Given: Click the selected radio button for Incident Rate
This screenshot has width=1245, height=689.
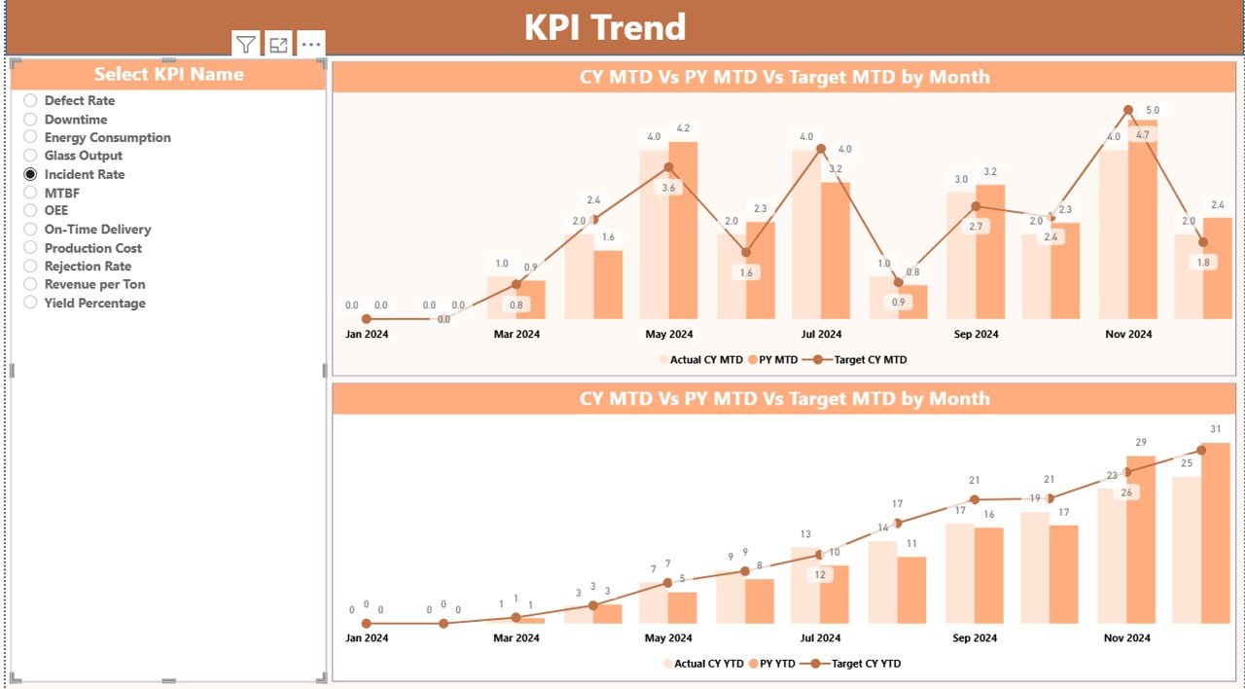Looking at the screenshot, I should (x=30, y=174).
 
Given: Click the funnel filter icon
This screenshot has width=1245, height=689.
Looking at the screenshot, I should (x=246, y=45).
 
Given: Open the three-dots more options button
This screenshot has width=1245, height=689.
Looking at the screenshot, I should (x=310, y=45).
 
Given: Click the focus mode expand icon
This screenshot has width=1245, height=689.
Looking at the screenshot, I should (x=279, y=45).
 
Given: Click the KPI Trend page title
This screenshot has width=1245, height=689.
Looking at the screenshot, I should (x=605, y=27).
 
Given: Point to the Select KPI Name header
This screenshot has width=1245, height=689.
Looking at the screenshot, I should (x=168, y=74).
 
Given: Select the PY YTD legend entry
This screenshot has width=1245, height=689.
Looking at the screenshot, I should (x=774, y=664).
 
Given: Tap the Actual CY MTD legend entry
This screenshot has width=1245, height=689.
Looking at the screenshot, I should (x=699, y=360).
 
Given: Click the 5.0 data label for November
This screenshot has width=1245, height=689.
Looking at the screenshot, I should (x=1152, y=110).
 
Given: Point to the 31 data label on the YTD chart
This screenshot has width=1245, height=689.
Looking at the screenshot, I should (x=1215, y=430).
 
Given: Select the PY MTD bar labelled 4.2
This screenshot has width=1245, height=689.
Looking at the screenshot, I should (x=683, y=231).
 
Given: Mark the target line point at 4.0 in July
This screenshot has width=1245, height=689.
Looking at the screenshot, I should (x=821, y=149).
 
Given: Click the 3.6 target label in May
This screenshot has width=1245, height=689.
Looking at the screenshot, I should (x=667, y=188).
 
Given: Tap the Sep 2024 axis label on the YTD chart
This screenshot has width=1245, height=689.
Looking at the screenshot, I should (x=975, y=638).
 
